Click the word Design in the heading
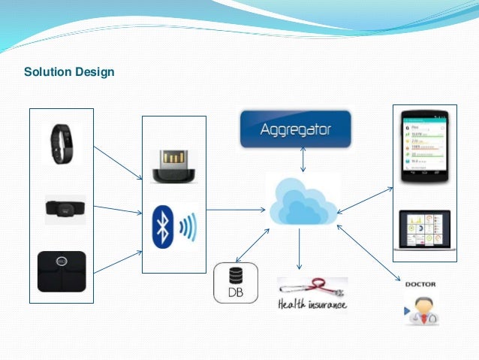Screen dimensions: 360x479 coord(94,73)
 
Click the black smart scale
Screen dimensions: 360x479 coord(62,271)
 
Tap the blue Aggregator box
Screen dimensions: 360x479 coord(294,129)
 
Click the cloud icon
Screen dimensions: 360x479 coord(303,200)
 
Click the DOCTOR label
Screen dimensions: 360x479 coord(420,286)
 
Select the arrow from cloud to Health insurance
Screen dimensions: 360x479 coord(300,249)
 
